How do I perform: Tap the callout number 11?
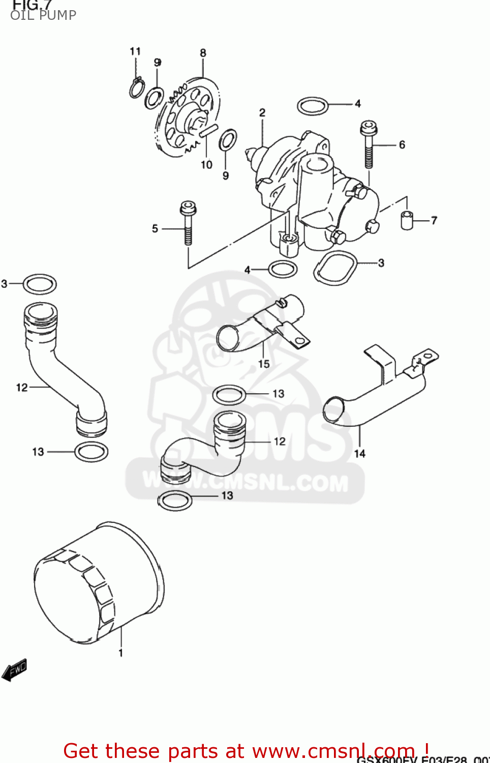(135, 51)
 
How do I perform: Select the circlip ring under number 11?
(136, 89)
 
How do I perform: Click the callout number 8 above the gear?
(203, 53)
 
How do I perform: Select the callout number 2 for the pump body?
(262, 112)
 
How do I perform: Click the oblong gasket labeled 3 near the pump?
(334, 268)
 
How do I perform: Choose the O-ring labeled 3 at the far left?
(40, 284)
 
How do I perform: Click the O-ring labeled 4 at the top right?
(312, 106)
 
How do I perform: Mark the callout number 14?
(359, 453)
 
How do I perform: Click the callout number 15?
(264, 364)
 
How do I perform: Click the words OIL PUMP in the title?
(43, 15)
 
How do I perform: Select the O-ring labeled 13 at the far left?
(91, 452)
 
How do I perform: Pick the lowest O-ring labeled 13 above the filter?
(175, 501)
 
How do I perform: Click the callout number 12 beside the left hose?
(22, 388)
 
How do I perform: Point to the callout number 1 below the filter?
(121, 653)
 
